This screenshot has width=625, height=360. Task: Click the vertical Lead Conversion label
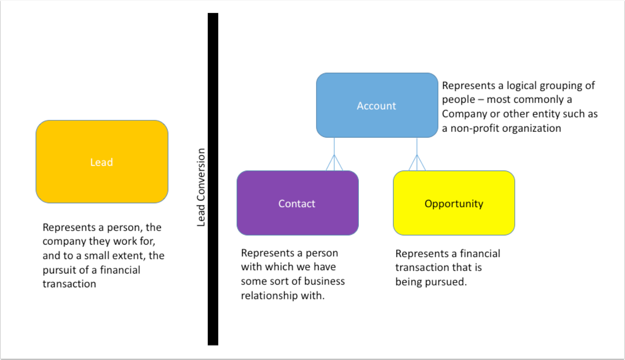201,187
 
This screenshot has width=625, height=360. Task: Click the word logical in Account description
522,86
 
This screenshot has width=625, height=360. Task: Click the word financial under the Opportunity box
480,254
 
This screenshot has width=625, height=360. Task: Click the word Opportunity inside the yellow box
454,204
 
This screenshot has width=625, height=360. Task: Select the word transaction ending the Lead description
69,284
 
